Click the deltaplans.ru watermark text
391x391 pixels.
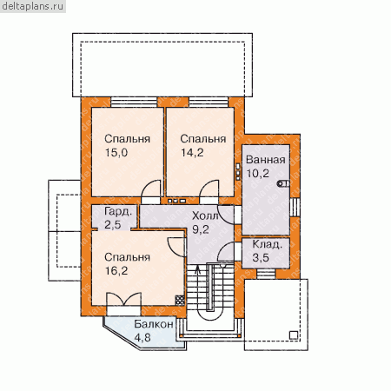33,6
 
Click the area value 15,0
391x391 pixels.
116,152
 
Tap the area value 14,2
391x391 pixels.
192,152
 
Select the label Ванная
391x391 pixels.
266,160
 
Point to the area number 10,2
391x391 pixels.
258,173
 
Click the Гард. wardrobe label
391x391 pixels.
118,212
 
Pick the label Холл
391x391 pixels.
205,215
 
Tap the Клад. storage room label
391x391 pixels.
267,244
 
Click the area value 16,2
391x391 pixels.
116,271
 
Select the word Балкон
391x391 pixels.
154,324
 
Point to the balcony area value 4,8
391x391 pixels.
142,337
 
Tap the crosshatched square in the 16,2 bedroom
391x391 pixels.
180,300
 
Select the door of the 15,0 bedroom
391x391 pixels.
150,189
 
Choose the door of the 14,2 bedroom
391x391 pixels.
209,189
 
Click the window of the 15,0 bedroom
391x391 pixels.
134,102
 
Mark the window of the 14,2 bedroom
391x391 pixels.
209,102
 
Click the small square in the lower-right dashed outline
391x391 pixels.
294,335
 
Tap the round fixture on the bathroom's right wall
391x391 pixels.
283,183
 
